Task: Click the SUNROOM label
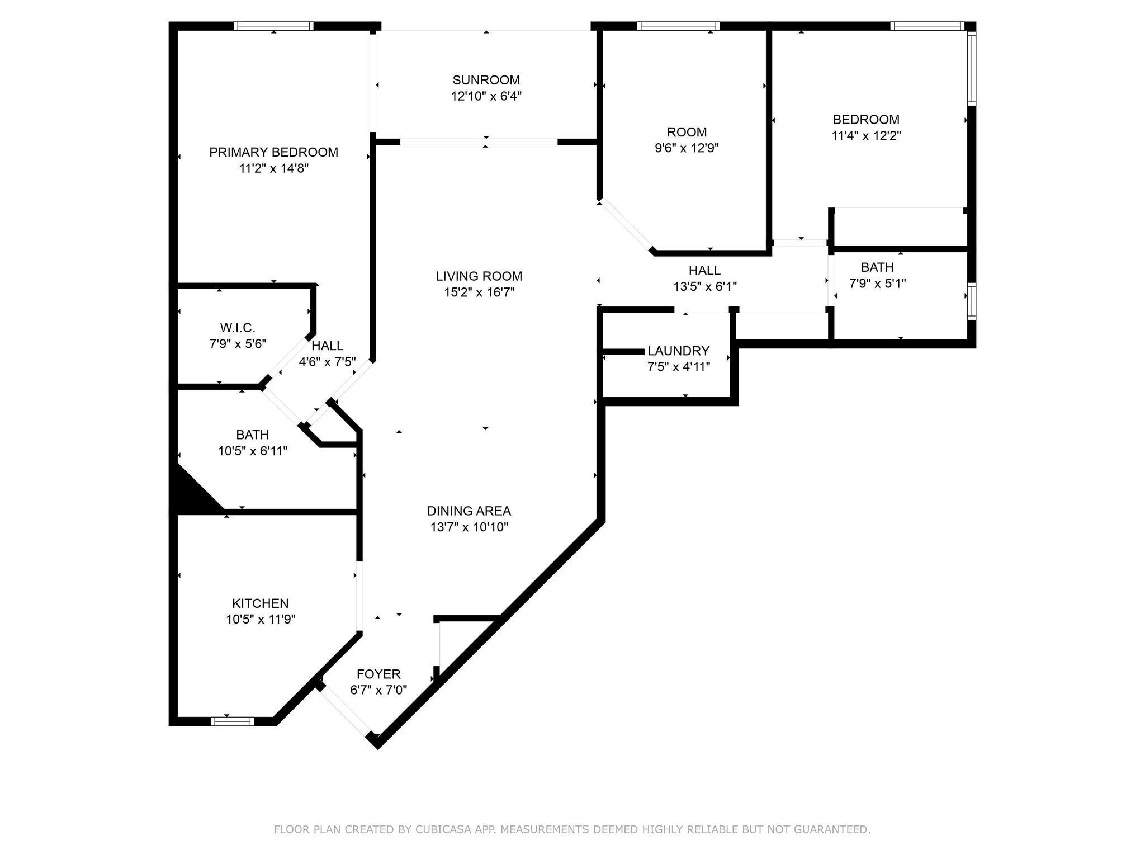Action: tap(486, 80)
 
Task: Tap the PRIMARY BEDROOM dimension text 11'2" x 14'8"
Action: tap(273, 168)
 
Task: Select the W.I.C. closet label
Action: tap(238, 327)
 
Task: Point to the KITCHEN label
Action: tap(260, 603)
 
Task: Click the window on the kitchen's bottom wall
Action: tap(232, 721)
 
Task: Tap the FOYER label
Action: tap(378, 674)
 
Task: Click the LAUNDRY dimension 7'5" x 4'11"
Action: tap(678, 367)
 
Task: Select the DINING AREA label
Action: tap(469, 511)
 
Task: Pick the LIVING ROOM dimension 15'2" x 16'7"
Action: tap(479, 292)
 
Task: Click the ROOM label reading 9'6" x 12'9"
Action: tap(687, 132)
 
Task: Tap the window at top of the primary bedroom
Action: tap(273, 26)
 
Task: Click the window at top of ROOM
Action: tap(678, 26)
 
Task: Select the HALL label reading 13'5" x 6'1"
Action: tap(704, 271)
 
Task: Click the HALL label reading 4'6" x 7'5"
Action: tap(327, 346)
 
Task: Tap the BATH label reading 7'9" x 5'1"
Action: tap(877, 267)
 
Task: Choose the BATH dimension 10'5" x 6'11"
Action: tap(253, 451)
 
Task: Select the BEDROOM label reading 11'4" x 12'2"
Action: tap(866, 119)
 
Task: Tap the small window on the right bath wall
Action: tap(972, 302)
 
